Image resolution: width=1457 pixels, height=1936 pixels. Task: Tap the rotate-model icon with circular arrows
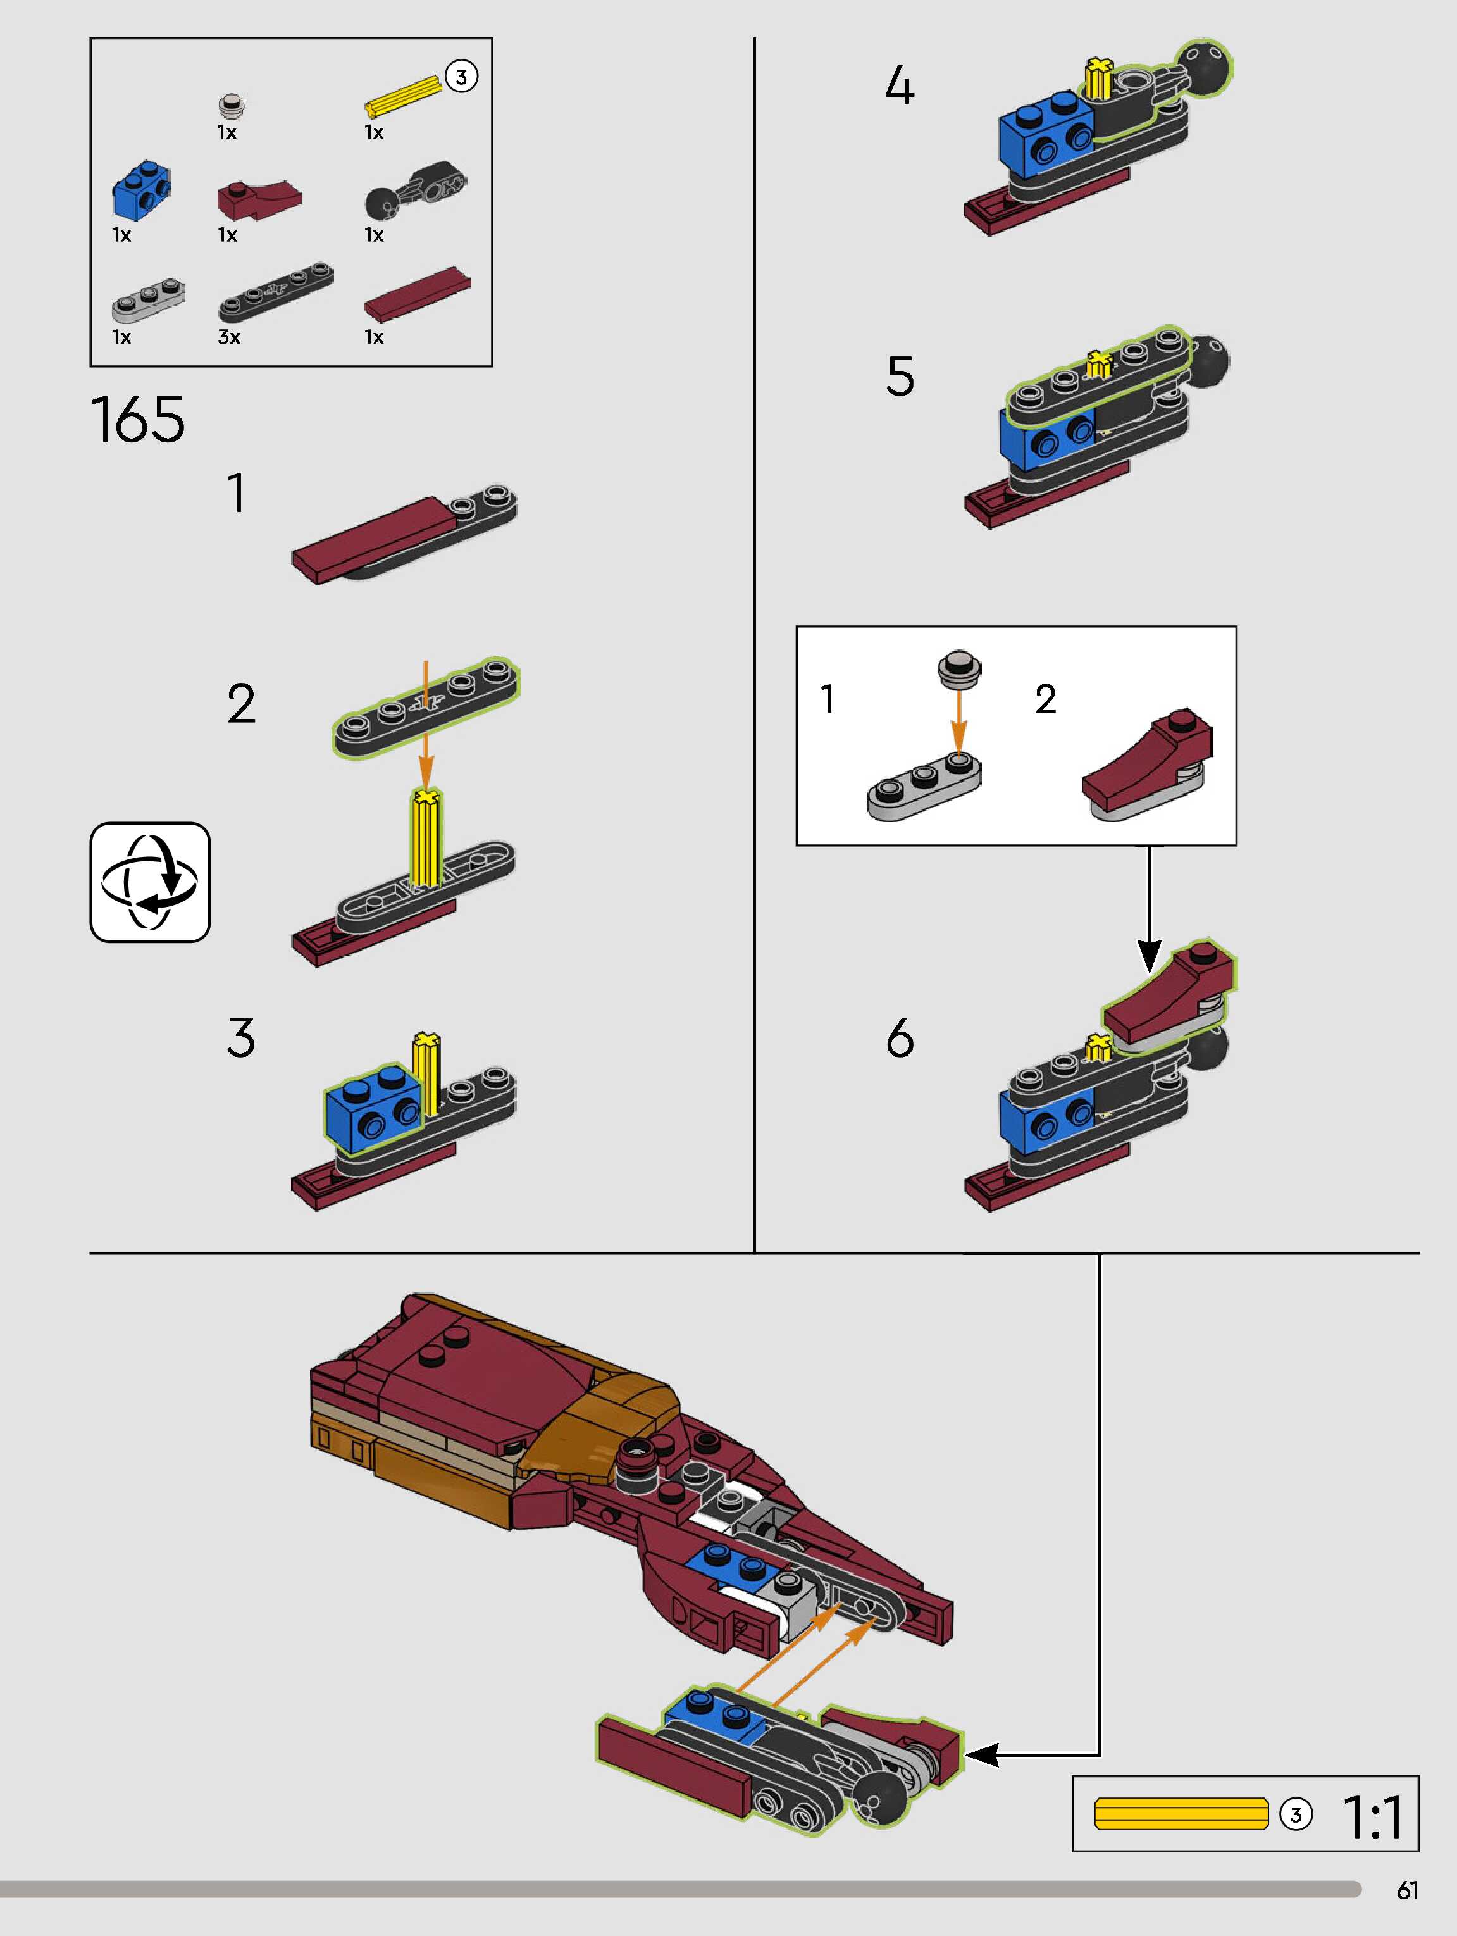[151, 882]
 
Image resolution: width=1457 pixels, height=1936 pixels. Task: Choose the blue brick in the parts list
[141, 190]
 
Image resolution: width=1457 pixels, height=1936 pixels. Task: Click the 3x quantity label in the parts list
[229, 337]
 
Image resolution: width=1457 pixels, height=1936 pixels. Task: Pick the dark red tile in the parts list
[418, 293]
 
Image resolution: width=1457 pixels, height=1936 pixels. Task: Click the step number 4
[900, 87]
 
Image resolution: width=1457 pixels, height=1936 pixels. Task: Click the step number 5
[900, 377]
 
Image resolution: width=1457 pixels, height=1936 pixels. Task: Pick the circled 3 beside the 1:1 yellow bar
[1296, 1815]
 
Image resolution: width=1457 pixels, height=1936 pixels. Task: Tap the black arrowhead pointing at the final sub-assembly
[981, 1754]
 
